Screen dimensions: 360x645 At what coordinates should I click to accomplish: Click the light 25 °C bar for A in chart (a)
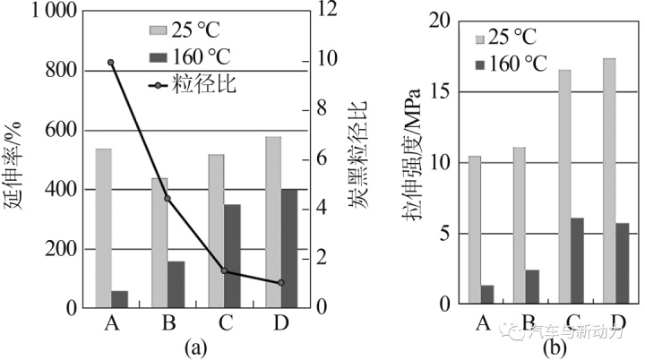point(103,227)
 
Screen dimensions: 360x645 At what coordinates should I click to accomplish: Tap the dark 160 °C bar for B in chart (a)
point(176,284)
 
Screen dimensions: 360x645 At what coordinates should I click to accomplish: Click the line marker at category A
point(111,63)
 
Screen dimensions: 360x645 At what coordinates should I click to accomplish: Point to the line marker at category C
point(224,270)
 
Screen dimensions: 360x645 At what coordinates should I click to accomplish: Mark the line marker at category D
point(281,282)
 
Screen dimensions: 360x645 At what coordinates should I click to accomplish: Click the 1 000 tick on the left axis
point(41,13)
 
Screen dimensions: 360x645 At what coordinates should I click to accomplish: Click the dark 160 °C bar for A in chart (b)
point(487,295)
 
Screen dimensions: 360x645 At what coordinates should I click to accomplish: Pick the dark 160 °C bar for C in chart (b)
point(577,261)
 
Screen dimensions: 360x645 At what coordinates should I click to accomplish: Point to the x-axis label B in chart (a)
point(168,322)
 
